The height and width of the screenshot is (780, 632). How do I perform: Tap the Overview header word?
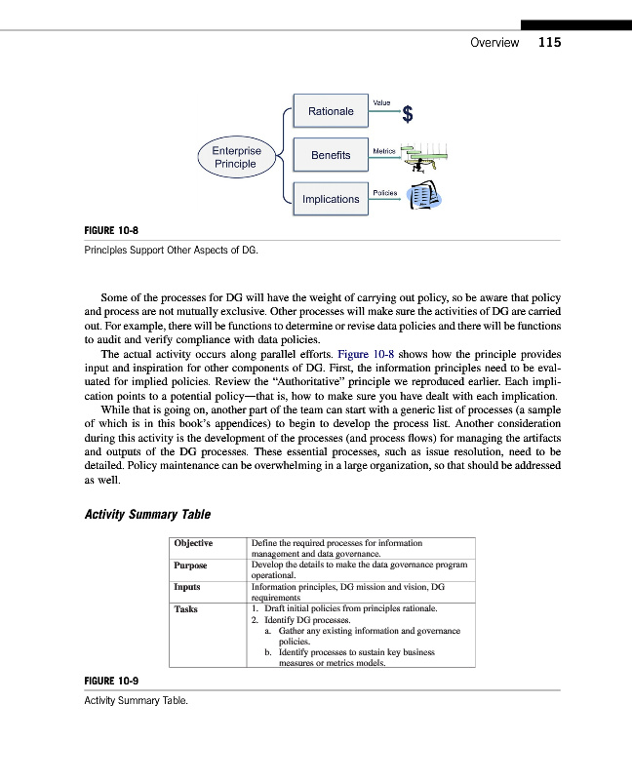point(494,43)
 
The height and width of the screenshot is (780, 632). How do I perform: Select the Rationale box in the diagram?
point(331,112)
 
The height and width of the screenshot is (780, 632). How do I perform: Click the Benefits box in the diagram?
point(331,156)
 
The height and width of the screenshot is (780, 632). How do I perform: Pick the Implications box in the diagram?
point(331,199)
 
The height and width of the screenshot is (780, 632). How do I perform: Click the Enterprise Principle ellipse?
point(236,157)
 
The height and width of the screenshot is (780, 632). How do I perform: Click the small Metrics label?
point(383,151)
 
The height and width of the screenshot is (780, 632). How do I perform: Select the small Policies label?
point(384,193)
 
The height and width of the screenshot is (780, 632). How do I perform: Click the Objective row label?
point(194,543)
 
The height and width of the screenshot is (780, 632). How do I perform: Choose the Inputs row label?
point(187,587)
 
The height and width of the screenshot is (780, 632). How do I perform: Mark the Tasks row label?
point(185,608)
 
